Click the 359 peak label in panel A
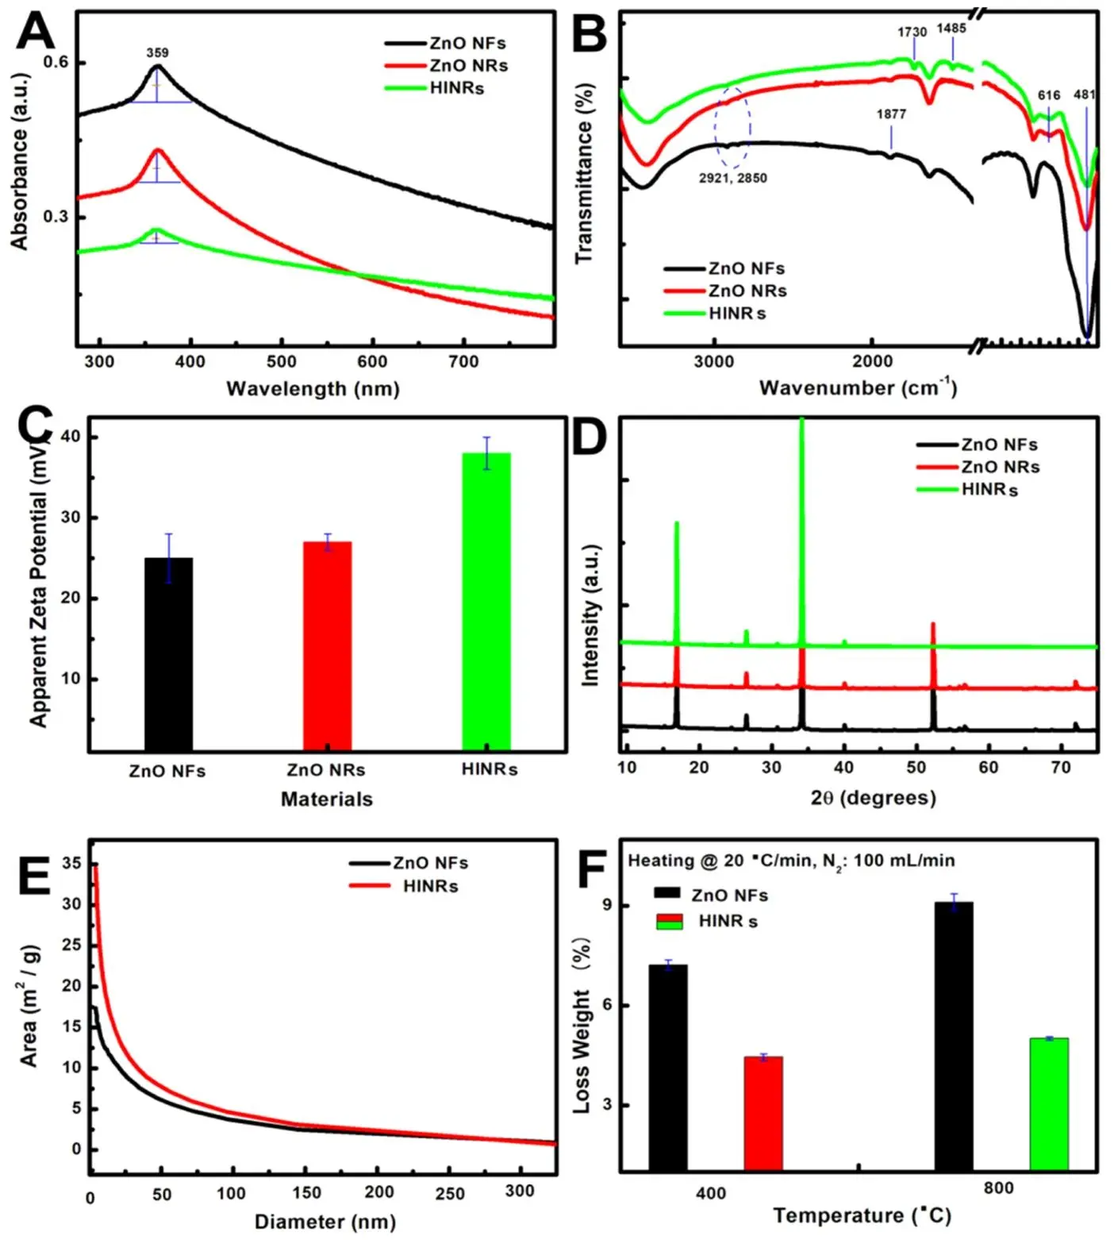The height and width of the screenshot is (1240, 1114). pos(157,53)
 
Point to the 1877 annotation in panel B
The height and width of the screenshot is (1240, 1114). pos(891,114)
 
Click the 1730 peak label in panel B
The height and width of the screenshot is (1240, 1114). pos(912,33)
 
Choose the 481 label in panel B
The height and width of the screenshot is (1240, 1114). pos(1085,95)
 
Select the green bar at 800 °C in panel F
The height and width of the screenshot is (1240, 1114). pos(1048,1103)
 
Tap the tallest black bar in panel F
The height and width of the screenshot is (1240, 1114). pos(953,1035)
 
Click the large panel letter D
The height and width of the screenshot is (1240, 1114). pos(590,438)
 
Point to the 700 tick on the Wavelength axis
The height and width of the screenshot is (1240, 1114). pos(463,362)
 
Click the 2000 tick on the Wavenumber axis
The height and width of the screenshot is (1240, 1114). pos(872,362)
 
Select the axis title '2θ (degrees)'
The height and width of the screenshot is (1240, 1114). pos(873,798)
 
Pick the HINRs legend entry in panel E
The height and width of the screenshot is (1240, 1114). pos(405,886)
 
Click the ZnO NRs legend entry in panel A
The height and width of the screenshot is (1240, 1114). pos(446,66)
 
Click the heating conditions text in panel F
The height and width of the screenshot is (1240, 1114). pos(791,861)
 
